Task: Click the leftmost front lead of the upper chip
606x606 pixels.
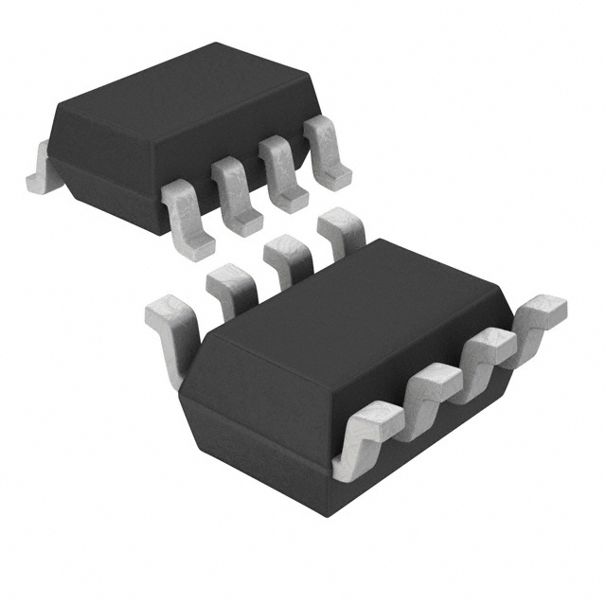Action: (187, 218)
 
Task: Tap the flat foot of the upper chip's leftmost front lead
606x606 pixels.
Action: (199, 248)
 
